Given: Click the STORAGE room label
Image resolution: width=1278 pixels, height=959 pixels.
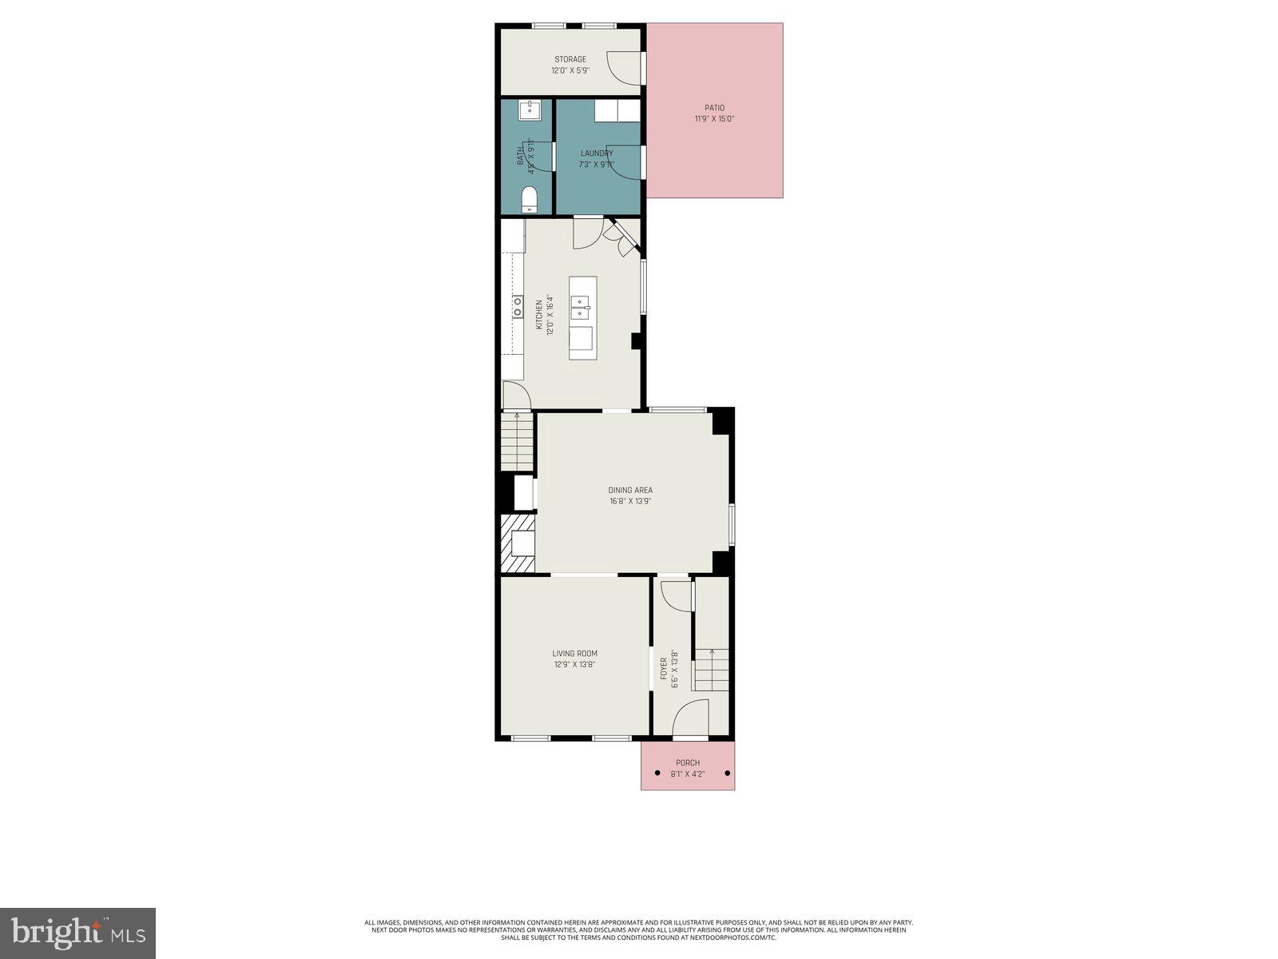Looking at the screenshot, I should coord(570,59).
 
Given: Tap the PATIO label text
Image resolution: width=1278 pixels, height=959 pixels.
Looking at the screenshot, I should coord(714,108).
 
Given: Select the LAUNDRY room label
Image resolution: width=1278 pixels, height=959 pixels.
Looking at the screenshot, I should coord(597,153).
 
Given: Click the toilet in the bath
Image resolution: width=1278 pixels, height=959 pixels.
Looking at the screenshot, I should coord(529,199).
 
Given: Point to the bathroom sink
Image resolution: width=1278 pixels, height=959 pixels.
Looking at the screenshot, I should coord(528,109).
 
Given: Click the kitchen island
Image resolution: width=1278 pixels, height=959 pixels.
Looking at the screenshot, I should coord(582,317).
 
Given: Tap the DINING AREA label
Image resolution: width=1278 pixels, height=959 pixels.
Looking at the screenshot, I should coord(630,491).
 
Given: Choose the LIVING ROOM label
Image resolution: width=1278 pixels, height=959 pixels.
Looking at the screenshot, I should coord(575,654).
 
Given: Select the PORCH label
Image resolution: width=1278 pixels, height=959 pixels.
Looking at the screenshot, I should coord(687,763).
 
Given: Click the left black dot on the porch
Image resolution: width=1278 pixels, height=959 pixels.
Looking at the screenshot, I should coord(657,774).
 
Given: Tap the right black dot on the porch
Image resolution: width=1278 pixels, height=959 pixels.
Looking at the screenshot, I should coord(728,774).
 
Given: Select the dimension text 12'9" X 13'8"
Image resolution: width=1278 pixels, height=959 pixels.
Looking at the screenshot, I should coord(575,664).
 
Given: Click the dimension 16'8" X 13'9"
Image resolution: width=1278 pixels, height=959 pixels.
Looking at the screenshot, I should coord(630,502).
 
